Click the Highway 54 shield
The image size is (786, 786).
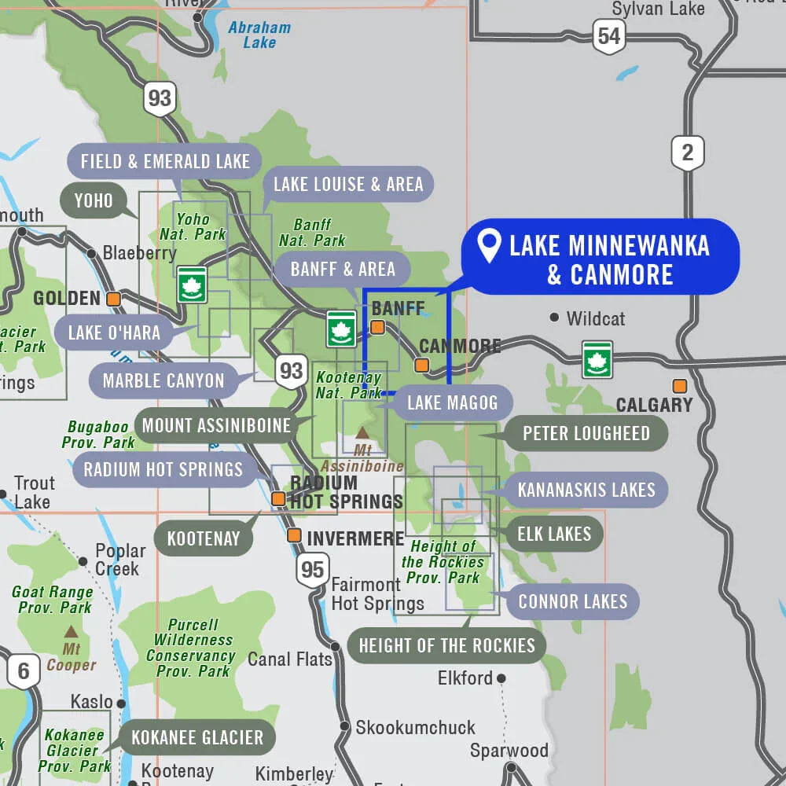608,36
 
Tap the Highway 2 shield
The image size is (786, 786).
688,152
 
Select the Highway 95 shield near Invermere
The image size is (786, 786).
312,569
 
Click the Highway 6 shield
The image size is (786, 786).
24,671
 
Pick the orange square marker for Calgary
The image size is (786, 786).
679,386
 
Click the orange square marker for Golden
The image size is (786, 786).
114,299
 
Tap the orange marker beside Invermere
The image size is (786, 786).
294,536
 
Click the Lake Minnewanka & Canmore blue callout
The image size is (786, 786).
599,258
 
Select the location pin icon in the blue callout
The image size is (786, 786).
490,246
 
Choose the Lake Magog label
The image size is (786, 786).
452,403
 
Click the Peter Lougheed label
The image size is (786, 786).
586,433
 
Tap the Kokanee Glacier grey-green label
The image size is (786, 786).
197,738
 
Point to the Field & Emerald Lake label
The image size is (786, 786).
164,162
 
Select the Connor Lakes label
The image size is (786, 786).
572,602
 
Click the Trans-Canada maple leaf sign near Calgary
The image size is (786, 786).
597,358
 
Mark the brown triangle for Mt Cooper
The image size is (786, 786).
71,631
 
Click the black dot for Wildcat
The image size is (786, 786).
554,318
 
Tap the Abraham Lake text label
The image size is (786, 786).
259,35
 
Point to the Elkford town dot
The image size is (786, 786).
501,678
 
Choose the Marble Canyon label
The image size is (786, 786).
163,381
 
